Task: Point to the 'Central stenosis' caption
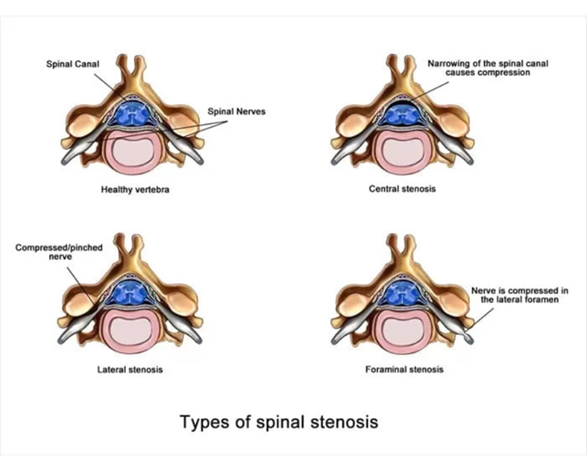pos(403,190)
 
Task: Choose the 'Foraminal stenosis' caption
pos(403,370)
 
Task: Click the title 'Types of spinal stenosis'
pos(278,422)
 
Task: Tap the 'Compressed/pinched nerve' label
pos(52,252)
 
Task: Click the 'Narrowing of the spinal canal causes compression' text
pos(478,68)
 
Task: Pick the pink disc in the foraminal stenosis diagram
pos(403,329)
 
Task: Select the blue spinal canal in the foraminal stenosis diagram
pos(403,293)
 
